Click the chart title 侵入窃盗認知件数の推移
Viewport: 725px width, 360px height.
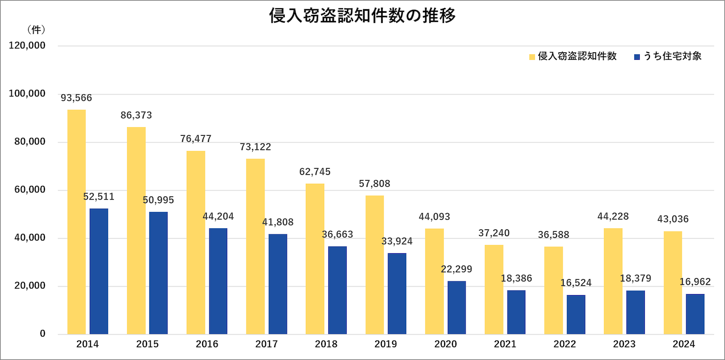(x=362, y=16)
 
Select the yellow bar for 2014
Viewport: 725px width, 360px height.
(x=77, y=222)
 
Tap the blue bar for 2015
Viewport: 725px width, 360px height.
(x=158, y=273)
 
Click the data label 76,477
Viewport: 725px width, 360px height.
(x=196, y=139)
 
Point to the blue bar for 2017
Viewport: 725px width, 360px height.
(x=278, y=284)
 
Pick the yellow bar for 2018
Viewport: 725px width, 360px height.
(x=315, y=259)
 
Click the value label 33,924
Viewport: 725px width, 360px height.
(x=397, y=241)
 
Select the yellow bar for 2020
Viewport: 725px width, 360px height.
(x=434, y=281)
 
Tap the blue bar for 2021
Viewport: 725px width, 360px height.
(x=516, y=313)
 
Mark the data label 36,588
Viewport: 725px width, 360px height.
(x=553, y=235)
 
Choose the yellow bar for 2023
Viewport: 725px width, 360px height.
(x=613, y=281)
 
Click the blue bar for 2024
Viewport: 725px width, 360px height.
(x=695, y=314)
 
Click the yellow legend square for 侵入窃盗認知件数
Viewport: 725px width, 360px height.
(x=532, y=57)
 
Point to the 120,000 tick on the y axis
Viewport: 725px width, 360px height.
(x=27, y=45)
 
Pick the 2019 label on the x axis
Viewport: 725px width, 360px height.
(x=385, y=345)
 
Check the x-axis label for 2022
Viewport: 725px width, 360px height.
(x=565, y=345)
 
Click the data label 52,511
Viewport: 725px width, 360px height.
(x=99, y=197)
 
